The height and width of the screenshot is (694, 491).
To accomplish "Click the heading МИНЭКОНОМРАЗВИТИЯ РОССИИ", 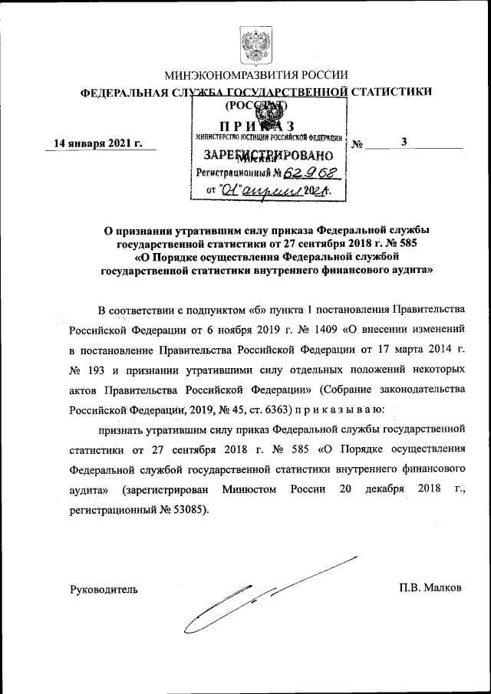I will coord(256,75).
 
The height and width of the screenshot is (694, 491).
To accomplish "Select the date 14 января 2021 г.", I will coord(97,143).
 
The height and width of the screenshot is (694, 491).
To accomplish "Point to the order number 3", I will coord(404,141).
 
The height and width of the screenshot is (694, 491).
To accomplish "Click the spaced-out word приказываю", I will coord(343,409).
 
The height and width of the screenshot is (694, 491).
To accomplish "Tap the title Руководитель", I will coord(103,589).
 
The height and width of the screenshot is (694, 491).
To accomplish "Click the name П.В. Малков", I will coord(430,588).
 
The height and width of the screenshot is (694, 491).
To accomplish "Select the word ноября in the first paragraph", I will coord(242,331).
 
